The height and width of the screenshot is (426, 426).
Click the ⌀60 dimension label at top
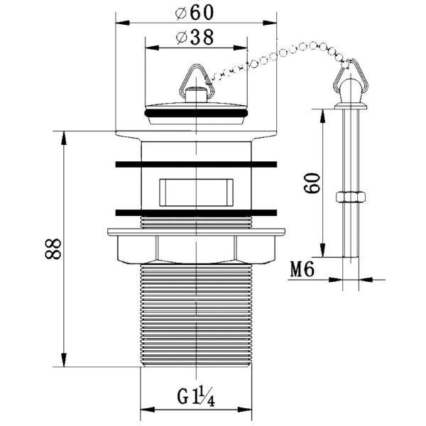(194, 13)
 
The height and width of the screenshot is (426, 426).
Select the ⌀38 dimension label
(195, 37)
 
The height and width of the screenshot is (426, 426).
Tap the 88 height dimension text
(53, 249)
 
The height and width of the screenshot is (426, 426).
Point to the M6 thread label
(302, 269)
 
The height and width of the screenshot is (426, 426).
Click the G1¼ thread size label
(196, 397)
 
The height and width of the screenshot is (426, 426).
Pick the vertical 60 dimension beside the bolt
(312, 183)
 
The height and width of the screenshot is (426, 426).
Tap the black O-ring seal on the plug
(196, 113)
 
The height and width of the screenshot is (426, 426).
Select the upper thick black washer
(196, 165)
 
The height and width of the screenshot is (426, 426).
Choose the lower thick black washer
(196, 213)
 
